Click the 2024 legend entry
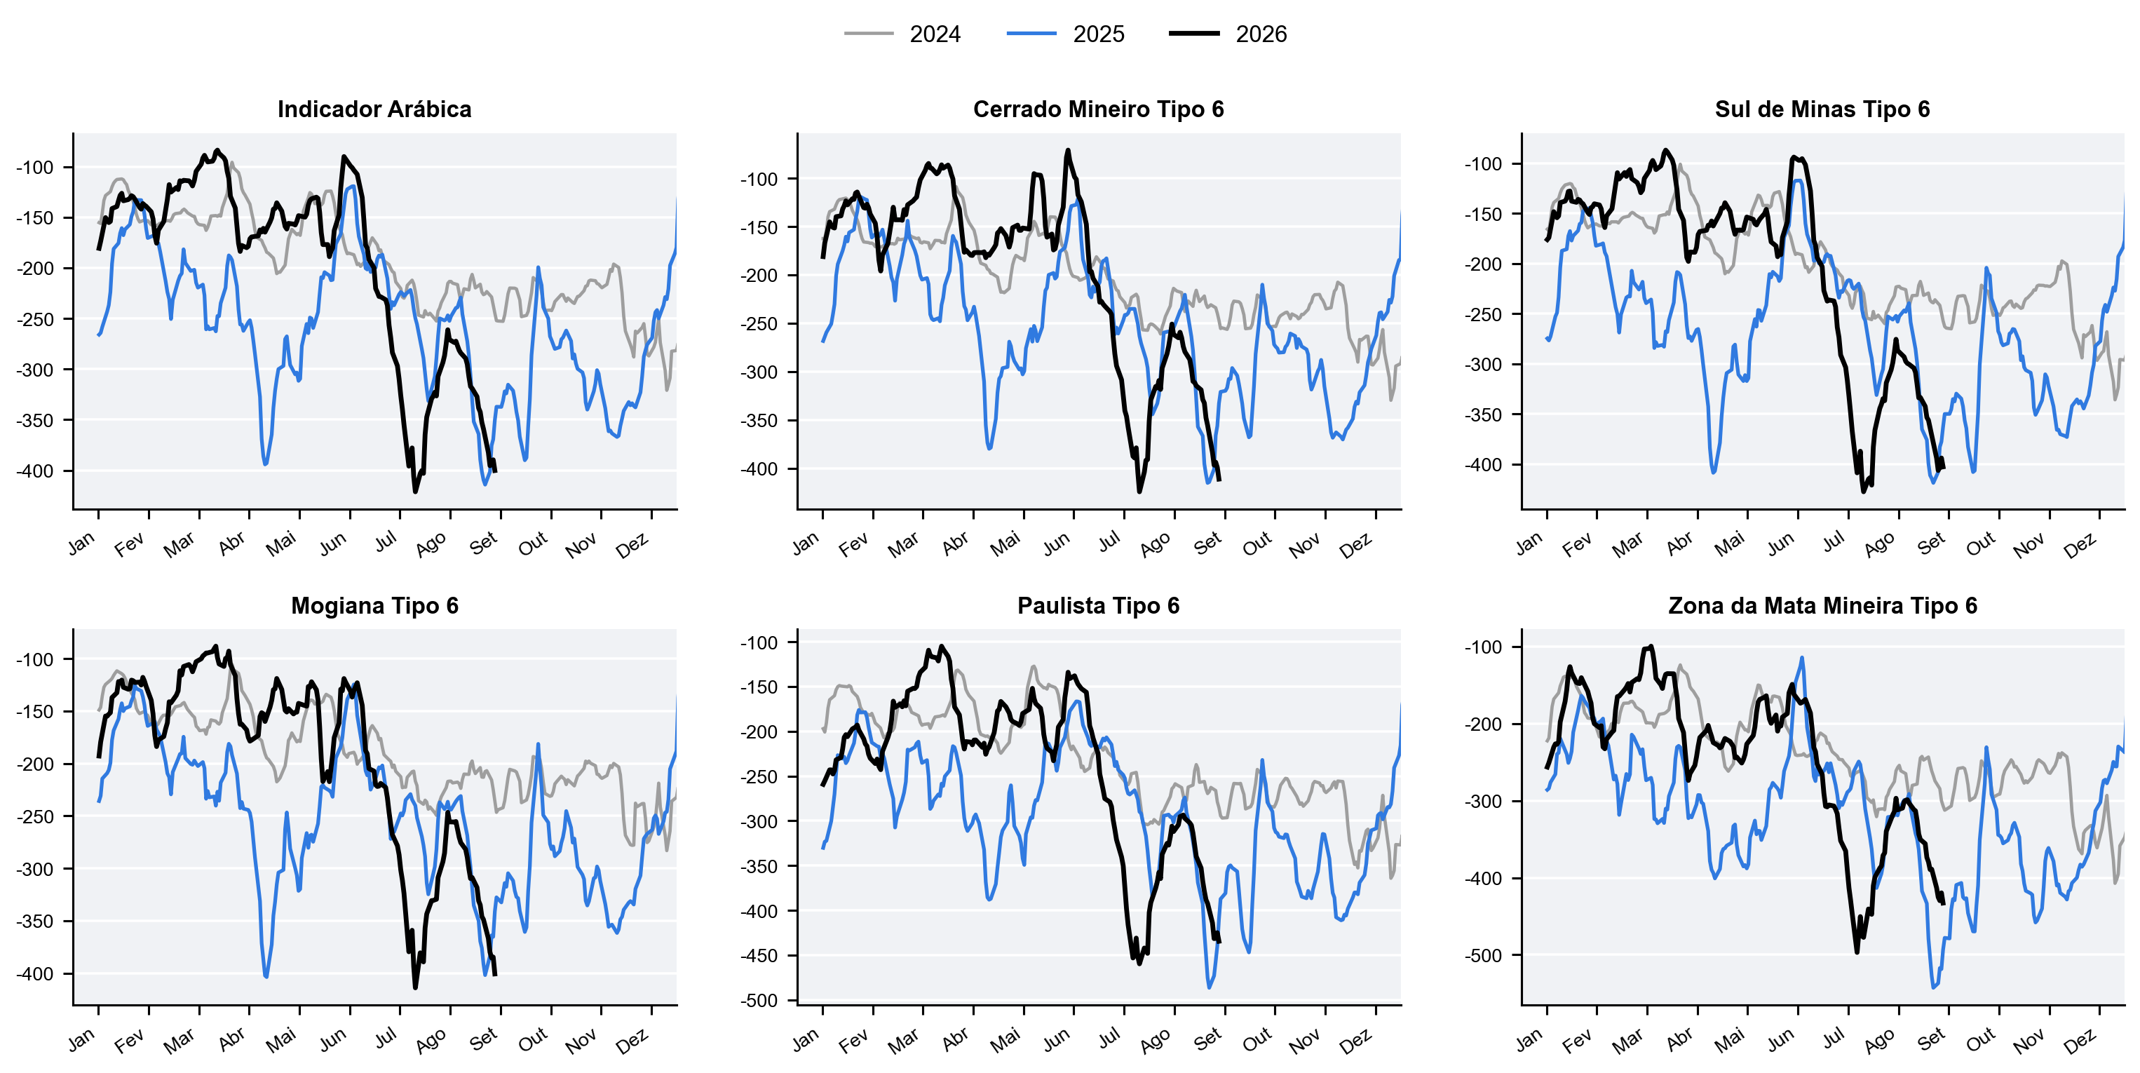click(x=903, y=34)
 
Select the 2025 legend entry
click(x=1066, y=34)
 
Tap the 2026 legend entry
click(x=1228, y=34)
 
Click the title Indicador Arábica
click(x=374, y=109)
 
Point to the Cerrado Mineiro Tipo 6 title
click(x=1098, y=109)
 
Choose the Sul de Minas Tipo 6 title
click(x=1822, y=109)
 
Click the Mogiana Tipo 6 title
click(x=374, y=605)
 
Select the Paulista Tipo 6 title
click(x=1098, y=605)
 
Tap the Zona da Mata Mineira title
click(x=1822, y=605)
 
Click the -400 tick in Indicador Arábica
click(x=34, y=471)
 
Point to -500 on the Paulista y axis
click(x=759, y=1001)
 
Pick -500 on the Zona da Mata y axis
click(x=1483, y=955)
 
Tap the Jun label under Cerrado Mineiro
click(x=1057, y=544)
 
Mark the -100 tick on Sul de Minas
click(x=1483, y=163)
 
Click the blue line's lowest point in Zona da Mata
click(x=1934, y=987)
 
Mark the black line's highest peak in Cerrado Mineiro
click(x=1069, y=151)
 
